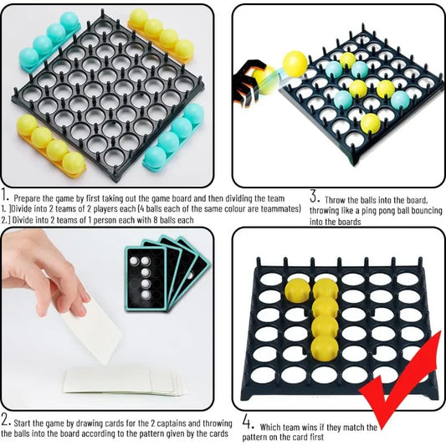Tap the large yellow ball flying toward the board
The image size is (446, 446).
pyautogui.click(x=295, y=62)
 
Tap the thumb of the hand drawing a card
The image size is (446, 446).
pyautogui.click(x=79, y=297)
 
